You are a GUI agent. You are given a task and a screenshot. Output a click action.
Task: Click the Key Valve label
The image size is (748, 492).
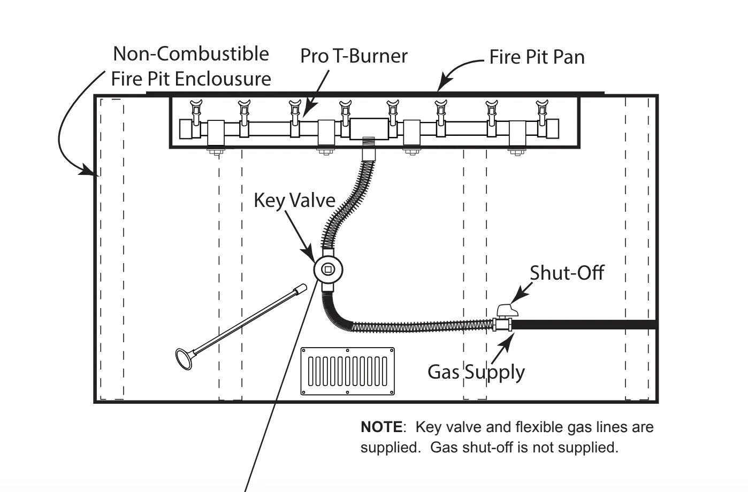point(294,201)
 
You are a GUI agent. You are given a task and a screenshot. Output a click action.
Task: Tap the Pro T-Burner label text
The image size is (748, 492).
point(354,56)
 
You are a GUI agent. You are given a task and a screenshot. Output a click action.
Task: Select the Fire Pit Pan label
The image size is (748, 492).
point(537,57)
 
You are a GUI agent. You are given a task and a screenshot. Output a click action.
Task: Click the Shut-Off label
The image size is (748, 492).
point(567,273)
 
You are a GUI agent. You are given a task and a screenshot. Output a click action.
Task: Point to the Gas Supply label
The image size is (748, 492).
point(476,372)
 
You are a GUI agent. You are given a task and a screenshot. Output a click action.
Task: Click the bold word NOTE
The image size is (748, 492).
point(381,427)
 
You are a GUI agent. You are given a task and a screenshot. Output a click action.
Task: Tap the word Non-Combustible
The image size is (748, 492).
point(191,53)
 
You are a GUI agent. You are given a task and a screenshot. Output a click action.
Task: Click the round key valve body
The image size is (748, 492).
point(328,270)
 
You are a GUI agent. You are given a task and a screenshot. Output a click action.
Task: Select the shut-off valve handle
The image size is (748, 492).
point(507,310)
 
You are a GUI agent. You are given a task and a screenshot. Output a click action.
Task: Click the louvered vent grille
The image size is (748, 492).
point(348,371)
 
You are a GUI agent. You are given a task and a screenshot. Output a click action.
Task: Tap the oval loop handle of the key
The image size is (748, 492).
point(184,359)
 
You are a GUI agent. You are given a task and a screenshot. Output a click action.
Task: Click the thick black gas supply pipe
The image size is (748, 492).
point(584,325)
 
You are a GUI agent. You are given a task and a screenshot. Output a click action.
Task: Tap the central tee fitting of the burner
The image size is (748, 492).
point(369,129)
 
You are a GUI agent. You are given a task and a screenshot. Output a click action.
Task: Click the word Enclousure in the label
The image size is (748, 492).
point(223,79)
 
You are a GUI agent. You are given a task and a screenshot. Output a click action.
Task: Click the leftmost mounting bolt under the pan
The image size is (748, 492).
point(216,152)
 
